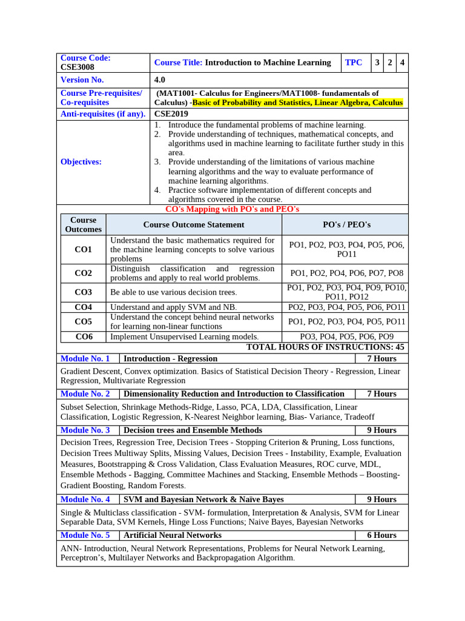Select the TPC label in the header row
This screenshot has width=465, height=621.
tap(354, 62)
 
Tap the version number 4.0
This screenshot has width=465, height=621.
tap(160, 80)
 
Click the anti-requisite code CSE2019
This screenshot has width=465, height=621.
tap(171, 114)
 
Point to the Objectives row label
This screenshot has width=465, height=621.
tap(81, 162)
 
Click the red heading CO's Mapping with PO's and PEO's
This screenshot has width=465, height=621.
tap(232, 209)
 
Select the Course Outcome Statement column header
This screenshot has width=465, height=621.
tap(194, 224)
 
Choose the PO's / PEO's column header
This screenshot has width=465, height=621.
tap(347, 224)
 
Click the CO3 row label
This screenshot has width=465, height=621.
tap(84, 292)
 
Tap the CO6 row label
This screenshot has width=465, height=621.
tap(84, 337)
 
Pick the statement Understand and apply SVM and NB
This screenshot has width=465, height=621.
tap(174, 307)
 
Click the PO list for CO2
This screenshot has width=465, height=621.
tap(347, 274)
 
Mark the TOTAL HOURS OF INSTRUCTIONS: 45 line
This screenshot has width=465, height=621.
tap(325, 347)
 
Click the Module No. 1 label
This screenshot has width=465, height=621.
tap(85, 359)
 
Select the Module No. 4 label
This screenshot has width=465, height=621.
tap(85, 500)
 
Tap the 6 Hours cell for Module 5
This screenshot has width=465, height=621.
tap(381, 535)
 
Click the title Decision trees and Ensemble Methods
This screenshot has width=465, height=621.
tap(193, 431)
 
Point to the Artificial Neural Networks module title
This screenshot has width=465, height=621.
tap(173, 535)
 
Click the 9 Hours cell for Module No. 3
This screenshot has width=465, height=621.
tap(381, 431)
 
